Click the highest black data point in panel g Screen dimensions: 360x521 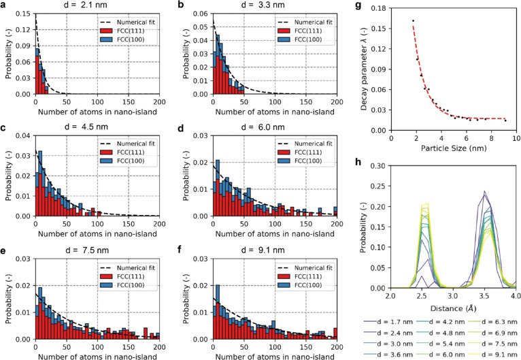pyautogui.click(x=413, y=21)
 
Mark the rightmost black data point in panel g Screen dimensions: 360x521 pyautogui.click(x=505, y=120)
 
